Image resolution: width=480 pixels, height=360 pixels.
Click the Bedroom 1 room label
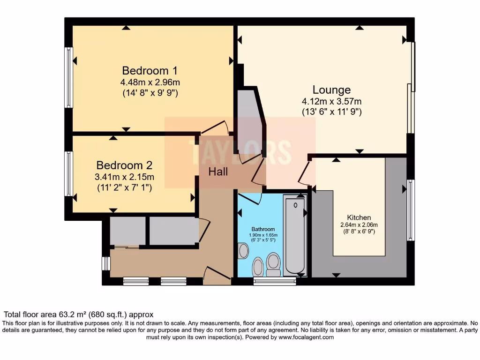[150, 71]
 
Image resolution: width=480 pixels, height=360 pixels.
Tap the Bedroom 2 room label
[124, 165]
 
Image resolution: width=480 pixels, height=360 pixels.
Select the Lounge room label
[331, 90]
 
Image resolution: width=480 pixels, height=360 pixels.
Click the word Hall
[218, 172]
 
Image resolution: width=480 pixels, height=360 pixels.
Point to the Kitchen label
[359, 217]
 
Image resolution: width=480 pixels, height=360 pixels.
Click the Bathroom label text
[262, 229]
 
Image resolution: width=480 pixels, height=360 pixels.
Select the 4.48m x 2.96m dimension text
[150, 82]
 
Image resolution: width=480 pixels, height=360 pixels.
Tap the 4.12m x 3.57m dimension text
[331, 101]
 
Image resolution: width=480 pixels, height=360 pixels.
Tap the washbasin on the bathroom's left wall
[243, 251]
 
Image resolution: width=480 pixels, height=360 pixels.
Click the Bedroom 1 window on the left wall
[69, 77]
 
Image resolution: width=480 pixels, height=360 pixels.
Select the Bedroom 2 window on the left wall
[69, 173]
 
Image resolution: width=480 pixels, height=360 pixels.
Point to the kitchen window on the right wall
[411, 210]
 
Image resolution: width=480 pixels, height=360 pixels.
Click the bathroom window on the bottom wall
[274, 281]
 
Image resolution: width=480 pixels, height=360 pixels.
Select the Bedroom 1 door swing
[214, 127]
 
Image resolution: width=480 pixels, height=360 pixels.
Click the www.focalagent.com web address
[306, 337]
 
